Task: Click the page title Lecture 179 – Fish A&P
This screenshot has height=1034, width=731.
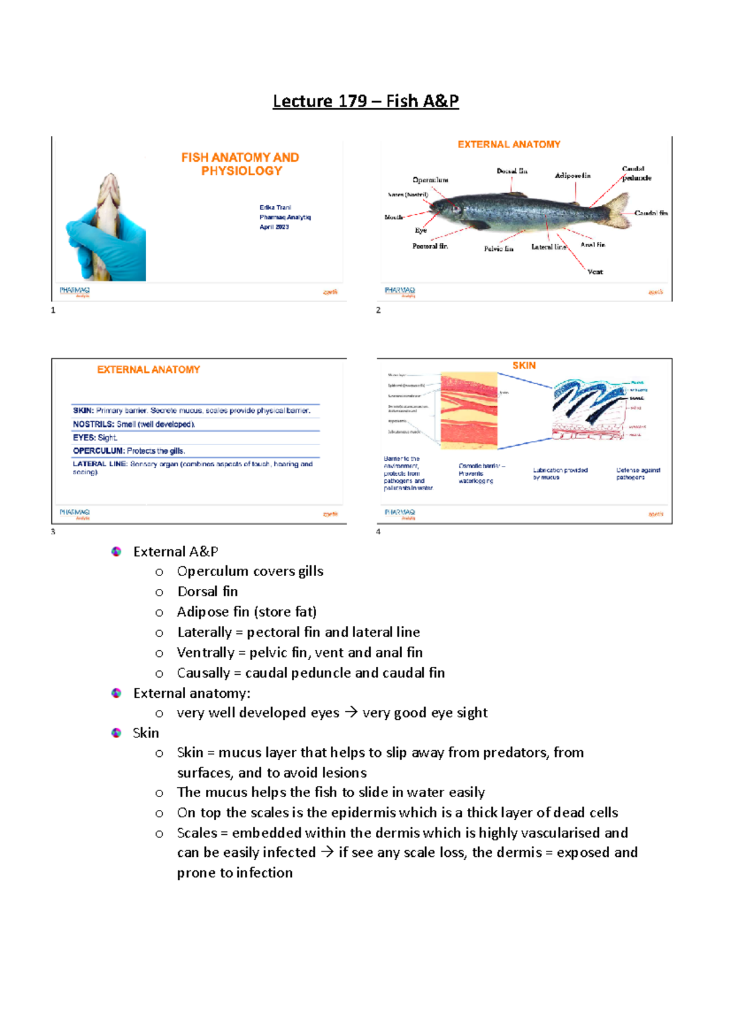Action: pyautogui.click(x=365, y=101)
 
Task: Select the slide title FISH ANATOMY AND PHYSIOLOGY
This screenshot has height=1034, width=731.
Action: pyautogui.click(x=241, y=164)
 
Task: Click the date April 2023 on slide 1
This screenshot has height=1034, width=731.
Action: pyautogui.click(x=274, y=227)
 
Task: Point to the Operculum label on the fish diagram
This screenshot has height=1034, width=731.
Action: pyautogui.click(x=430, y=180)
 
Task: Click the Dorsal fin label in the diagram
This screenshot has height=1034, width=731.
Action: pyautogui.click(x=512, y=171)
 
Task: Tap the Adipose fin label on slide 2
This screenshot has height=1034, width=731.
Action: pyautogui.click(x=572, y=176)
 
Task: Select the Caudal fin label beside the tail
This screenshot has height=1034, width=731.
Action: pyautogui.click(x=651, y=213)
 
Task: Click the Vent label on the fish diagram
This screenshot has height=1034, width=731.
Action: pyautogui.click(x=595, y=272)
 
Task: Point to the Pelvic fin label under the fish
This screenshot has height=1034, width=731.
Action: pyautogui.click(x=498, y=249)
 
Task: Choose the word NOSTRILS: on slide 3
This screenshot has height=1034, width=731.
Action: pyautogui.click(x=93, y=424)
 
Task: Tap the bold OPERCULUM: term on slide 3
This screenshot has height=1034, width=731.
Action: pyautogui.click(x=98, y=451)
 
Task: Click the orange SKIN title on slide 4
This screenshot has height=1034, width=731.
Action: pyautogui.click(x=524, y=365)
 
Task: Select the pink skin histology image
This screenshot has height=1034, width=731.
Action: pyautogui.click(x=468, y=411)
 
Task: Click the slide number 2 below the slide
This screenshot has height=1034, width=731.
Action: pyautogui.click(x=378, y=311)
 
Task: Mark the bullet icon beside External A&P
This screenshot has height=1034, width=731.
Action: pyautogui.click(x=116, y=552)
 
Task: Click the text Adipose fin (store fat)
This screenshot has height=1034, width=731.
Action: pyautogui.click(x=247, y=612)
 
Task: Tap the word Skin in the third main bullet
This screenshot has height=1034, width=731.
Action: pyautogui.click(x=146, y=733)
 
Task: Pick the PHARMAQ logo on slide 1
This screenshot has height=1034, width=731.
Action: pyautogui.click(x=75, y=291)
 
